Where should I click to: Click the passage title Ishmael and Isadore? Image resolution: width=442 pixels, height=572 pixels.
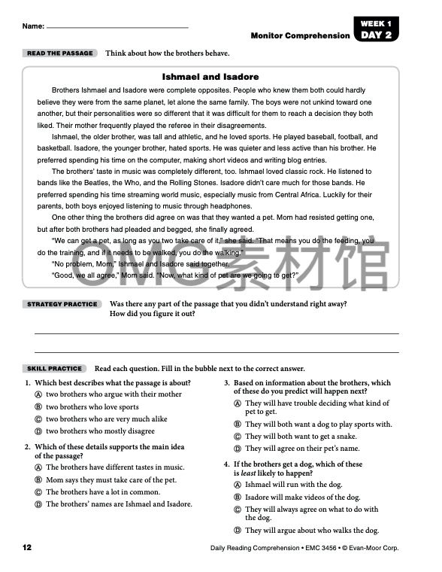click(x=210, y=77)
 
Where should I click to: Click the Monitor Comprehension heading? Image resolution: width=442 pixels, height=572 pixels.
click(x=300, y=35)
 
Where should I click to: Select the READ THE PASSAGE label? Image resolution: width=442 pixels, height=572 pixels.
click(x=59, y=53)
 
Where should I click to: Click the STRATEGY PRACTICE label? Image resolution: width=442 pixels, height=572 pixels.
click(x=62, y=304)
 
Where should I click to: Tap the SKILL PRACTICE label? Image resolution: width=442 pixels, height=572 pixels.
click(x=54, y=369)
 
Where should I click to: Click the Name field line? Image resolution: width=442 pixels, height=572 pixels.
click(x=117, y=27)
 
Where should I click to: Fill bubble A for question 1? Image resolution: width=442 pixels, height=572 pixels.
click(x=38, y=394)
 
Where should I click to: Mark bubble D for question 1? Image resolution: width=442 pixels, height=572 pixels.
click(x=38, y=431)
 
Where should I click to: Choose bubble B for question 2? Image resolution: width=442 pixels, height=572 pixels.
click(x=38, y=480)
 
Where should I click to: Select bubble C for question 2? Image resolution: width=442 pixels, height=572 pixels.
click(x=38, y=492)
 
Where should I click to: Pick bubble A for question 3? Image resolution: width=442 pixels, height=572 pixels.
click(x=237, y=403)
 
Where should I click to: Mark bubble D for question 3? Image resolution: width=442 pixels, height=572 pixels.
click(x=237, y=449)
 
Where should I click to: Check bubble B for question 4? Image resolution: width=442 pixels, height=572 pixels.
click(x=237, y=497)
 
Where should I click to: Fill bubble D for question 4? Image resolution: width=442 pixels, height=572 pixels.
click(x=237, y=531)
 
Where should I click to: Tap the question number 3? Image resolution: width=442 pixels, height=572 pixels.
click(x=227, y=383)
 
